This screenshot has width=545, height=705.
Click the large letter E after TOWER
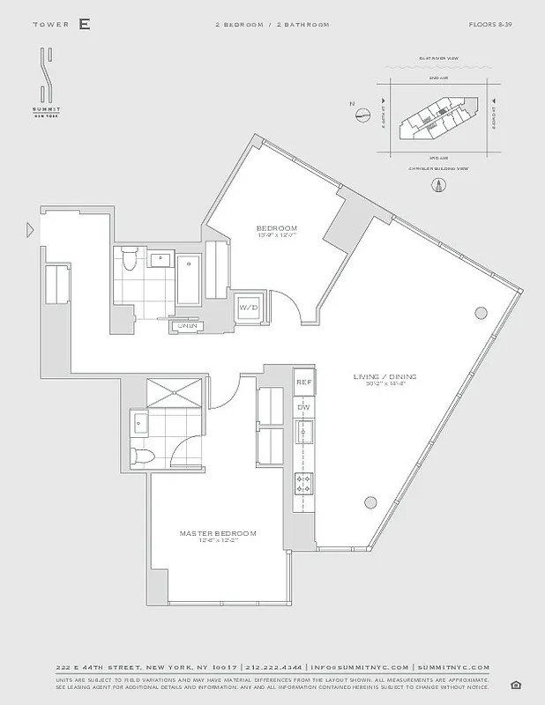(84, 25)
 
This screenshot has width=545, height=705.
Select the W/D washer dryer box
(248, 308)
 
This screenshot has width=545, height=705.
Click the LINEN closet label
(187, 326)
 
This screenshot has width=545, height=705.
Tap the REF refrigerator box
(303, 382)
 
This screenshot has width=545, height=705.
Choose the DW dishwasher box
(303, 407)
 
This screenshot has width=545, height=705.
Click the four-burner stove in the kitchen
(303, 482)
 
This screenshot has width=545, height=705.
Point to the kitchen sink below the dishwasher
(303, 433)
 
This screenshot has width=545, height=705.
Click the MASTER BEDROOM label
(218, 534)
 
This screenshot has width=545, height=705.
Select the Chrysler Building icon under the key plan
(437, 184)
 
